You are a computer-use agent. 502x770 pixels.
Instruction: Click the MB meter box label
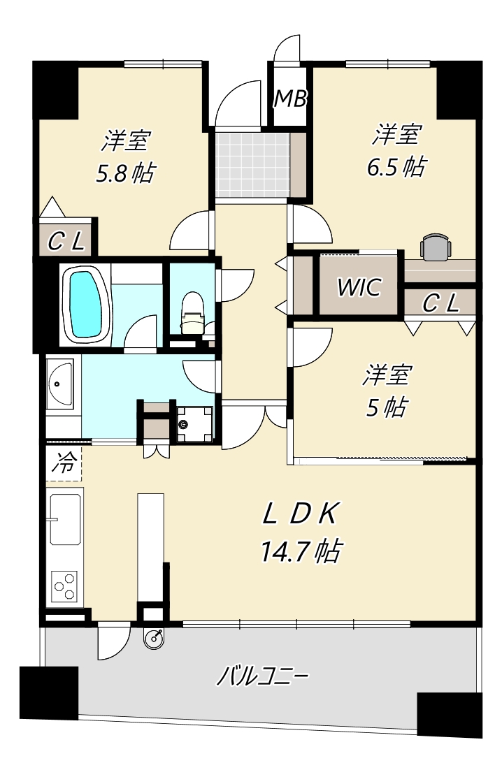coord(290,99)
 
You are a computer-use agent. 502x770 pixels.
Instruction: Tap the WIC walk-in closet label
coord(359,286)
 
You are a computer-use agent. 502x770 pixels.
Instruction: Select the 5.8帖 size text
coord(126,173)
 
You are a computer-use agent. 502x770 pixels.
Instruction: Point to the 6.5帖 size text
coord(396,167)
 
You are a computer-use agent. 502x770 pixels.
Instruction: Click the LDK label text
coord(300,514)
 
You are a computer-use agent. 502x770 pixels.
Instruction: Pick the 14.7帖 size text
coord(301,551)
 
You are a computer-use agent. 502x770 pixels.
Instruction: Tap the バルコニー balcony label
coord(263,676)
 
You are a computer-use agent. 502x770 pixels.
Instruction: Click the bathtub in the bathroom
coord(87,305)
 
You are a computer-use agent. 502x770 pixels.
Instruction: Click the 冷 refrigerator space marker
coord(64,463)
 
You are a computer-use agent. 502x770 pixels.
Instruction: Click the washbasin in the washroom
coord(60,384)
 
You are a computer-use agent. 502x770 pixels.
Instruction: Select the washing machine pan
coord(194,424)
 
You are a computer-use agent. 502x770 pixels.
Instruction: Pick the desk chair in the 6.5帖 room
coord(436,247)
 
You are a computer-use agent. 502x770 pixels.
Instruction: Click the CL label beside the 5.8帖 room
coord(66,241)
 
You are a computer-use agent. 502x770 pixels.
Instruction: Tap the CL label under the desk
coord(440,303)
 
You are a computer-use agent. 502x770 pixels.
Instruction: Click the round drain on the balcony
coord(154,639)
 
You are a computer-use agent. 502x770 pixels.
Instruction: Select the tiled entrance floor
coord(253,164)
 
